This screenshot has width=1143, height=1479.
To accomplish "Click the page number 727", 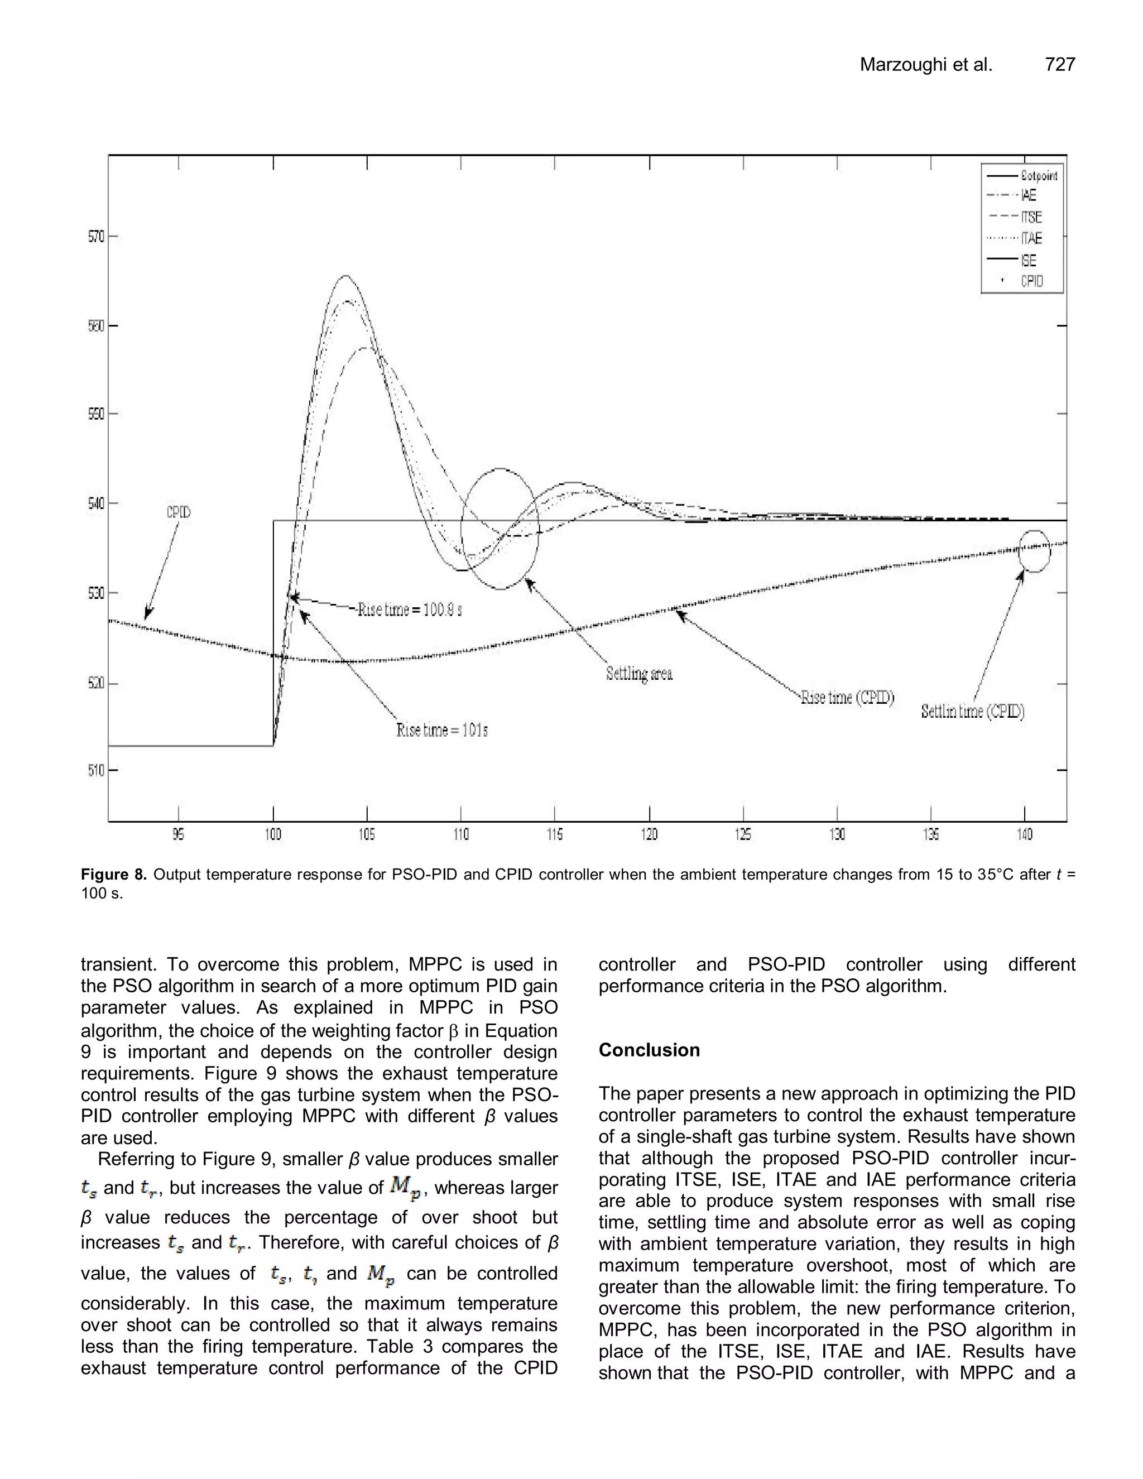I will pos(1060,65).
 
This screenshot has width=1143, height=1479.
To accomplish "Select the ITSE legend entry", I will pos(1031,217).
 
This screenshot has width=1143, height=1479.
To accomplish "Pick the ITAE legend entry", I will pos(1031,238).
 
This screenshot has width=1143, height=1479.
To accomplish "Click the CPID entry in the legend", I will pos(1032,281).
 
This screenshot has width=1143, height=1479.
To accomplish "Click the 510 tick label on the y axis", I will pos(96,771).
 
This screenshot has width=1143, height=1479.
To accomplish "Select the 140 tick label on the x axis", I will pos(1025,835).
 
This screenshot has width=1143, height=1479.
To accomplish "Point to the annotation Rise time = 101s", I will pos(442,731).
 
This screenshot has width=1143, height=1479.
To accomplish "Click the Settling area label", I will pos(639,674).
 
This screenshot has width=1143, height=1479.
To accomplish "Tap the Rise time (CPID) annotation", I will pos(847,698).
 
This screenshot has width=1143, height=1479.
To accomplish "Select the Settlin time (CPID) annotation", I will pos(972,712).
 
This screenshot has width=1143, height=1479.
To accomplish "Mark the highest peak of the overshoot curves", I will pos(345,276).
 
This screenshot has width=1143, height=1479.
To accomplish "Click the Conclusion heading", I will pos(649,1050).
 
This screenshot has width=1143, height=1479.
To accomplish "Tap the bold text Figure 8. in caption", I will pos(114,874).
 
